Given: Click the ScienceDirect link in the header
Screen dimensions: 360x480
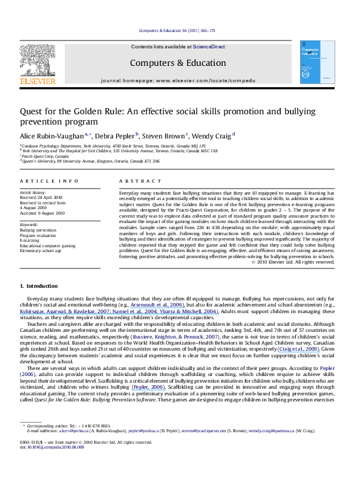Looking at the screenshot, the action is point(209,47).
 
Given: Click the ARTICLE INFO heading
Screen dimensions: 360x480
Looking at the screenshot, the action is point(41,181).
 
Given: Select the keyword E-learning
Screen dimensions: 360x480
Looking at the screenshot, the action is point(28,239).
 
